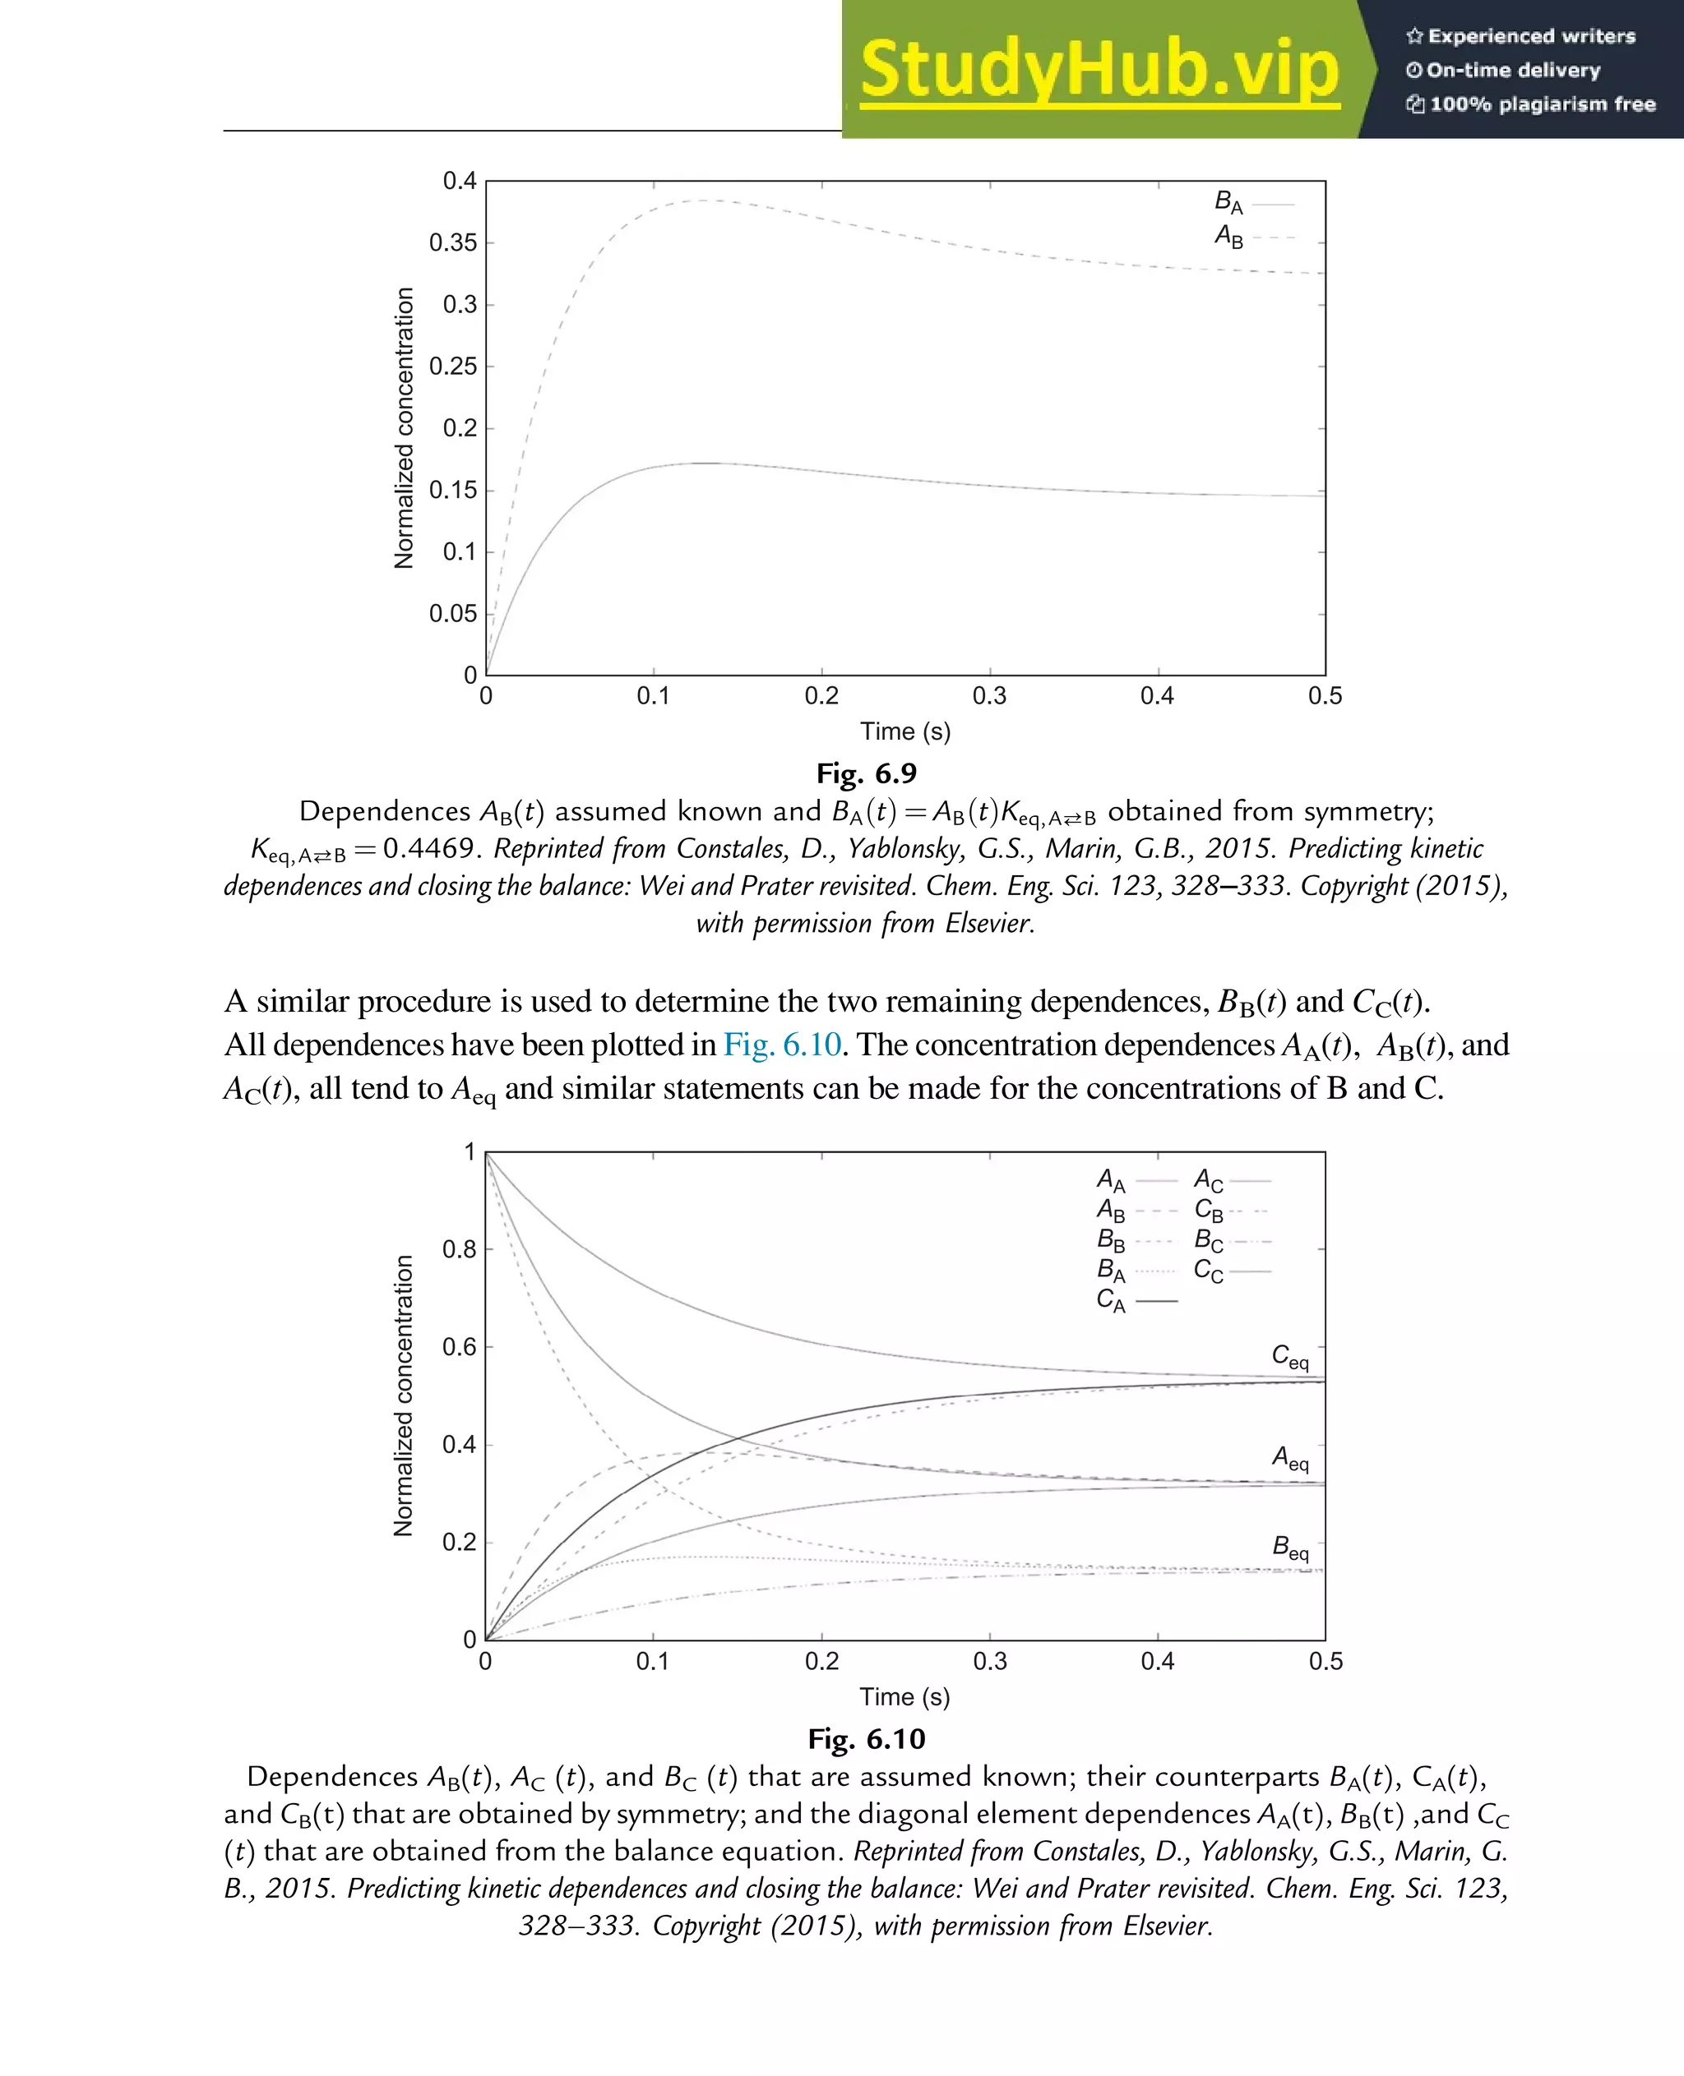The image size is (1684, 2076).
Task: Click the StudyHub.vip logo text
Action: [1099, 69]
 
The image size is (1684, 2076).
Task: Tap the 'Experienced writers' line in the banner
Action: [1521, 37]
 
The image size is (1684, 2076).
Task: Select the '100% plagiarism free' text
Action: [1532, 104]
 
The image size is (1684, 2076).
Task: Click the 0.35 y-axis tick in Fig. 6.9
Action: [453, 243]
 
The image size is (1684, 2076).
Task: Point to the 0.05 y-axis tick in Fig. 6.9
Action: [453, 614]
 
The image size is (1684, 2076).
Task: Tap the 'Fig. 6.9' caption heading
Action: [866, 773]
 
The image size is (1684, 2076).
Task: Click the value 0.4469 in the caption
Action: [428, 848]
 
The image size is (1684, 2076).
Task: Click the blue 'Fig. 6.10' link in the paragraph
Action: [782, 1045]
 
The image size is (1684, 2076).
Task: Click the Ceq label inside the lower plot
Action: [1290, 1357]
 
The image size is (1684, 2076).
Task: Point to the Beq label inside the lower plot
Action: [1290, 1548]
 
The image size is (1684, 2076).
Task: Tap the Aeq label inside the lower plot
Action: [1290, 1458]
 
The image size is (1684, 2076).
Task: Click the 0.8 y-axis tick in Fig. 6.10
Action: [459, 1250]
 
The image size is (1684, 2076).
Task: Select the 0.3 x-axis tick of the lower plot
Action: [989, 1662]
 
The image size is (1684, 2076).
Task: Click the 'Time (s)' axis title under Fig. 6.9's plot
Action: [905, 732]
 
